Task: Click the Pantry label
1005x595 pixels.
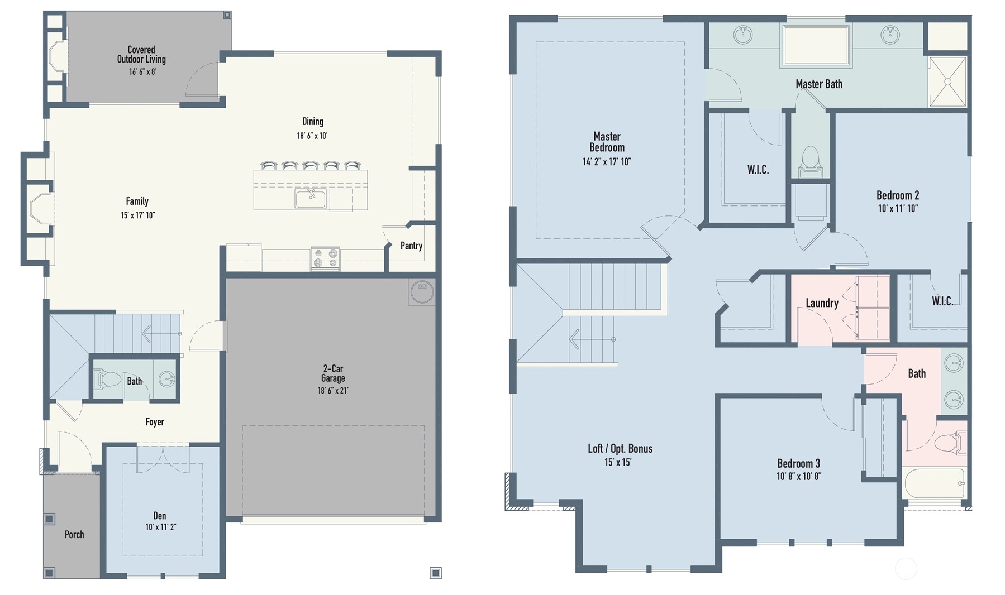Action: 411,246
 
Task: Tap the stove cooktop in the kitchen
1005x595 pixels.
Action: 325,258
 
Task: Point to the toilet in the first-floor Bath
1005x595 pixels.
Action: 108,380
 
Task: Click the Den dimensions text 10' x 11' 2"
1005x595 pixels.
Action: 160,527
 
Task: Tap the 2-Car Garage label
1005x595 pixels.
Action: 333,373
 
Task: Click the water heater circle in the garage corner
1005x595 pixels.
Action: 422,291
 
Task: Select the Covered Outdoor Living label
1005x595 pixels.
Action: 141,55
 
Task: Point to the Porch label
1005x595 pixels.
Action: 74,534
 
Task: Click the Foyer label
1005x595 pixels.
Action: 155,422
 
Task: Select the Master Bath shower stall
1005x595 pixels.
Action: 947,81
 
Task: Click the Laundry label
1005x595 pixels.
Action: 821,303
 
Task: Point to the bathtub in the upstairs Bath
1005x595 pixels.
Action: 933,483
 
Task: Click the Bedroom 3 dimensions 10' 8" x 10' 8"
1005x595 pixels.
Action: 798,476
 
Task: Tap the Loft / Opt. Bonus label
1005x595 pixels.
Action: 620,448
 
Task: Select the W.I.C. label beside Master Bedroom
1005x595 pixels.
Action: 758,170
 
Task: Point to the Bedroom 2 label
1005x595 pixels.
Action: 897,195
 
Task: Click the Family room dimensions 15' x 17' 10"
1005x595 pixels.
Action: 137,215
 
